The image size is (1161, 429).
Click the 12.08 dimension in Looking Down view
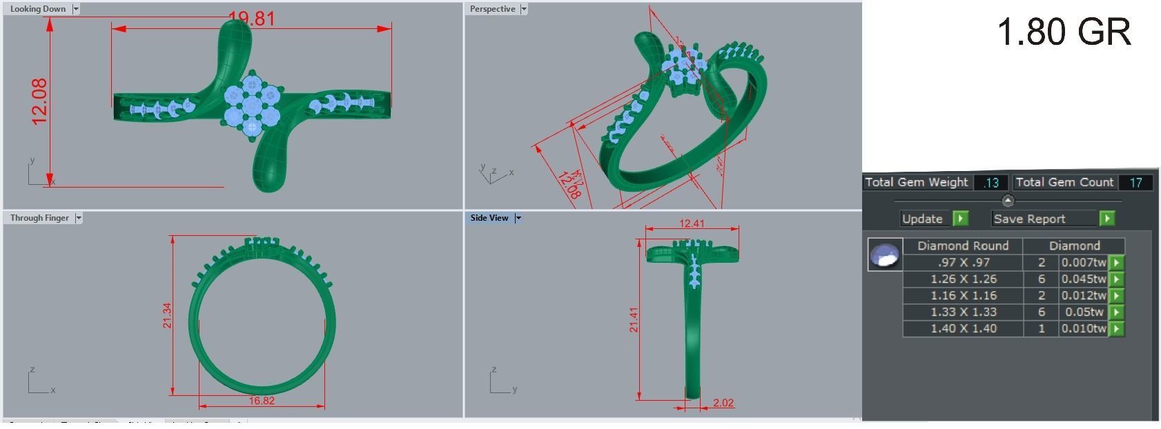click(x=39, y=101)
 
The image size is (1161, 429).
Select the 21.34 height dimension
click(x=167, y=315)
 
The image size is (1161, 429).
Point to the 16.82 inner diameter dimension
click(x=262, y=401)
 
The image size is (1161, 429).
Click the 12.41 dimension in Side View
click(x=692, y=223)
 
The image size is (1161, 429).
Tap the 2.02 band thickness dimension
click(x=723, y=403)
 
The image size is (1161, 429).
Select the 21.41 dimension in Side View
click(x=634, y=319)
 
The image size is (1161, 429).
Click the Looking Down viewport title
click(x=38, y=9)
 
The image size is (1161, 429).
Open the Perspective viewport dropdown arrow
click(x=524, y=9)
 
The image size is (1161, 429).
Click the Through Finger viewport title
click(x=39, y=218)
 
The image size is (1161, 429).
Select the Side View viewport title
click(x=489, y=218)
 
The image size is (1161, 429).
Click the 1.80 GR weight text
click(x=1064, y=32)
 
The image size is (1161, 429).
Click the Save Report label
click(x=1028, y=219)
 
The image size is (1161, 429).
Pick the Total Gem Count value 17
click(x=1135, y=183)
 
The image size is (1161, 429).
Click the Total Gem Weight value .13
click(x=991, y=183)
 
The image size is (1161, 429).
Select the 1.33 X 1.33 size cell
click(x=963, y=312)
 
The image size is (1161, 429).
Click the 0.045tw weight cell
click(x=1084, y=279)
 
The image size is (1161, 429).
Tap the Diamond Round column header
click(x=962, y=246)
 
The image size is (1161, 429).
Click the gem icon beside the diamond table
click(x=885, y=255)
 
